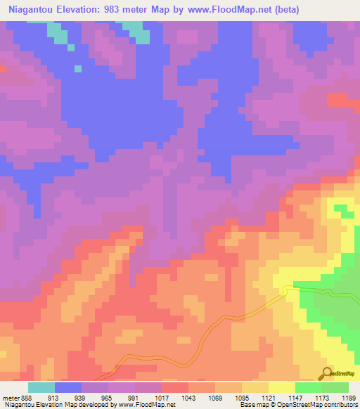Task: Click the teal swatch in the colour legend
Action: [41, 387]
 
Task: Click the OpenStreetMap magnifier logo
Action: [327, 373]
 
